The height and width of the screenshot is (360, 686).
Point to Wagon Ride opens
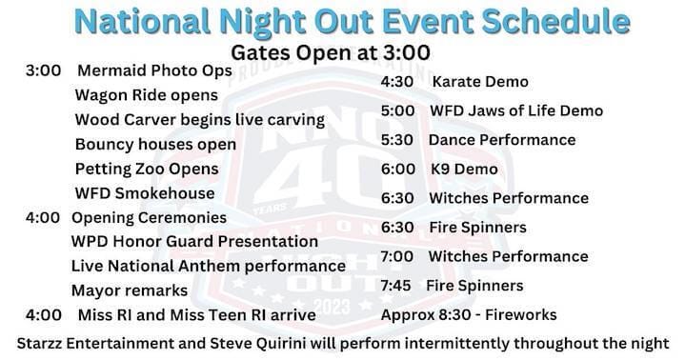(x=146, y=95)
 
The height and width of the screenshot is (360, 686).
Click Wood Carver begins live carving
(x=199, y=120)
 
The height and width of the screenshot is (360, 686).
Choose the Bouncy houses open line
(x=155, y=145)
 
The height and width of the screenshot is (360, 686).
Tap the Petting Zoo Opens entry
(x=147, y=169)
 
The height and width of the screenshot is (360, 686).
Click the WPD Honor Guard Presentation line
(x=194, y=242)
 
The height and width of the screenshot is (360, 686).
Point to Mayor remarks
(x=130, y=290)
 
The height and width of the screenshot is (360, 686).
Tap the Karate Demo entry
(x=480, y=82)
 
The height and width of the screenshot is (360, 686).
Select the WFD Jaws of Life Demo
(x=516, y=110)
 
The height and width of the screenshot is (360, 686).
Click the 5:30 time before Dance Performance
(x=396, y=140)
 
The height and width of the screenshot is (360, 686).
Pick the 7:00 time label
(x=396, y=256)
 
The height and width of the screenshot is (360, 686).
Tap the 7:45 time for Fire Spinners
(x=396, y=286)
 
